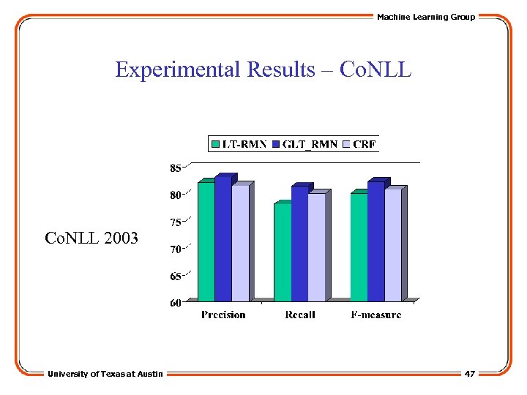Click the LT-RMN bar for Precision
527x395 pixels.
point(206,241)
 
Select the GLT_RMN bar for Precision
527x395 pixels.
point(223,238)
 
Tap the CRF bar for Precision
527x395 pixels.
point(240,243)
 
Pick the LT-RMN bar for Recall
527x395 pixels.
point(282,252)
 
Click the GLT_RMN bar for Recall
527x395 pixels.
point(299,243)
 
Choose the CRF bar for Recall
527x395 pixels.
point(316,247)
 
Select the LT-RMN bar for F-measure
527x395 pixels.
point(359,247)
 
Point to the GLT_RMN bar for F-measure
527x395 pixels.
point(375,241)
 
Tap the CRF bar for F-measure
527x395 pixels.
point(393,244)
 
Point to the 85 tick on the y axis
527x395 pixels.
point(176,168)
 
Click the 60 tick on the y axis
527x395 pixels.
point(176,303)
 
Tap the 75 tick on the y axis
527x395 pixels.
point(176,222)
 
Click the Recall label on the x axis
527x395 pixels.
point(299,315)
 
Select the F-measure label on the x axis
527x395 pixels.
point(376,315)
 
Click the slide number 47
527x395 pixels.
point(470,374)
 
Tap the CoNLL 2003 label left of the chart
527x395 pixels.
point(91,238)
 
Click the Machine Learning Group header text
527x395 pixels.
point(426,17)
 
